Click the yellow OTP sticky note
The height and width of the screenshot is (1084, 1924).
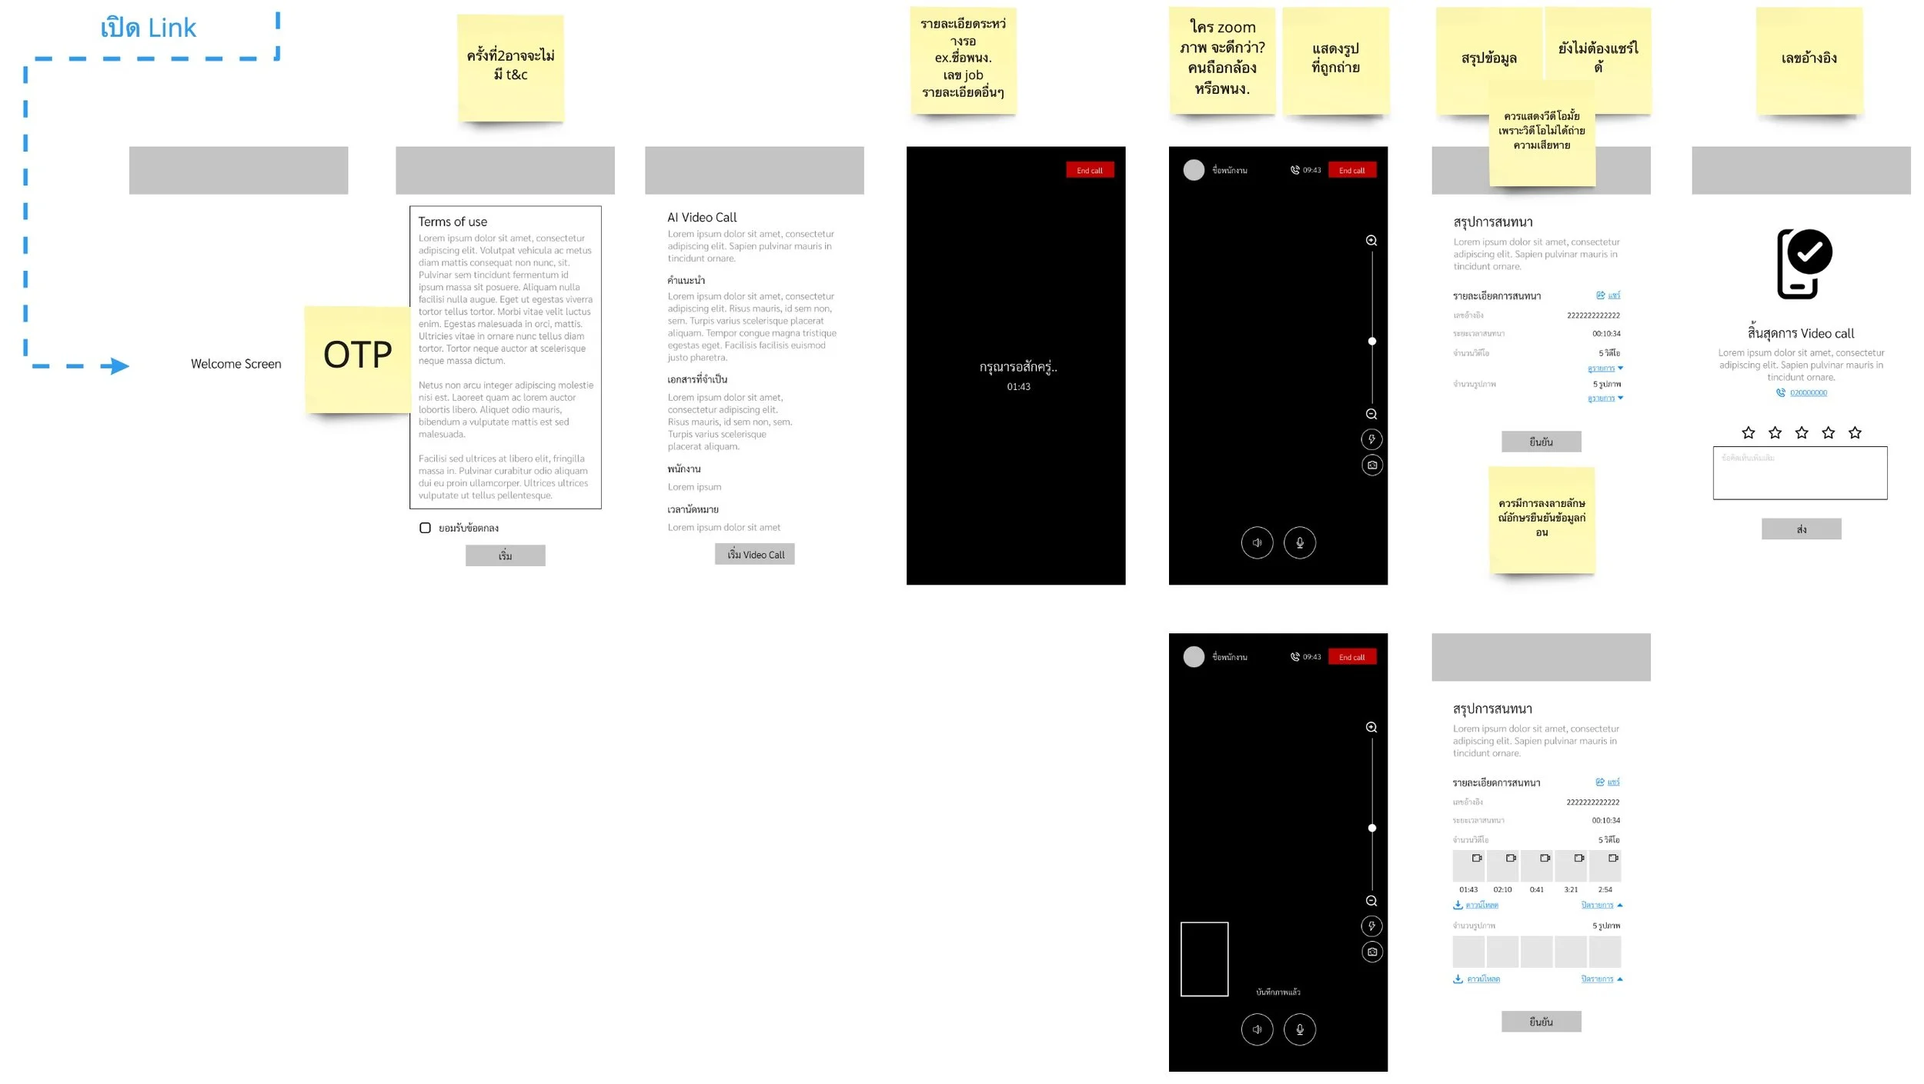(x=357, y=359)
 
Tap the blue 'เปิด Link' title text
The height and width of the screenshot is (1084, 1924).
(x=149, y=28)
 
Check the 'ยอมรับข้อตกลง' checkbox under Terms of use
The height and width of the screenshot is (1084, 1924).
(x=425, y=528)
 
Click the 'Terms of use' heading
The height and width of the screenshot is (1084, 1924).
(x=453, y=222)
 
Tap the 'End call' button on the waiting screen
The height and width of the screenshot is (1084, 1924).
(x=1089, y=171)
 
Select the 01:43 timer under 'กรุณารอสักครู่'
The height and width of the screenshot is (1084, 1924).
(x=1018, y=387)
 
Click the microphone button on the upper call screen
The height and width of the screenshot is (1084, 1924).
(x=1299, y=542)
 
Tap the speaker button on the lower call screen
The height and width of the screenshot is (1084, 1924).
(x=1257, y=1029)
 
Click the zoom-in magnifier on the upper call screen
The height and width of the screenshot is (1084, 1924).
(x=1371, y=241)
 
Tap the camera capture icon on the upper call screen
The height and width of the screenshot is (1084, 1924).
(x=1371, y=465)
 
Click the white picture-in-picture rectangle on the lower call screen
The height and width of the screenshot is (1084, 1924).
(x=1204, y=959)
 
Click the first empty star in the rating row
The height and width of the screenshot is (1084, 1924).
(x=1748, y=432)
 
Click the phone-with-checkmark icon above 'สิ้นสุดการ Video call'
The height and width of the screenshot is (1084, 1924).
(x=1803, y=263)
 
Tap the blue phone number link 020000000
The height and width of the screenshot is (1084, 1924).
(x=1808, y=393)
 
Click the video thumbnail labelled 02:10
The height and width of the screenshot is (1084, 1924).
(x=1502, y=866)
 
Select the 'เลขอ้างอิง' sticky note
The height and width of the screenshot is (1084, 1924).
(x=1809, y=59)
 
